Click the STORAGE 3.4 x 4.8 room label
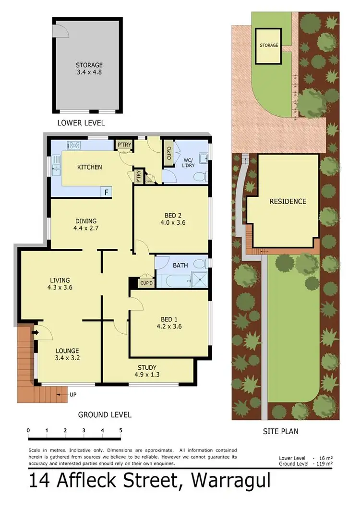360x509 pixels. point(89,69)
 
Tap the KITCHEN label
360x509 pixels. point(90,167)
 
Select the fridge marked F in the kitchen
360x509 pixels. point(107,192)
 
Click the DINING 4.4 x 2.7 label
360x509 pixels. point(86,225)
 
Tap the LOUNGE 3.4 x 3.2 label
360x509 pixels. point(67,354)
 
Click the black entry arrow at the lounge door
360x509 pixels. point(36,332)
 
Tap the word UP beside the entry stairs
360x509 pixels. point(72,395)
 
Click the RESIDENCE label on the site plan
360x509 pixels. point(288,201)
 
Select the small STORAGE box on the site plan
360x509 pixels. point(269,46)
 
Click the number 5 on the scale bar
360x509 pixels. point(120,430)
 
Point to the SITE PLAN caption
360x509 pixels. point(280,431)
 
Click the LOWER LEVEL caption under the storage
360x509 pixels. point(81,123)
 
